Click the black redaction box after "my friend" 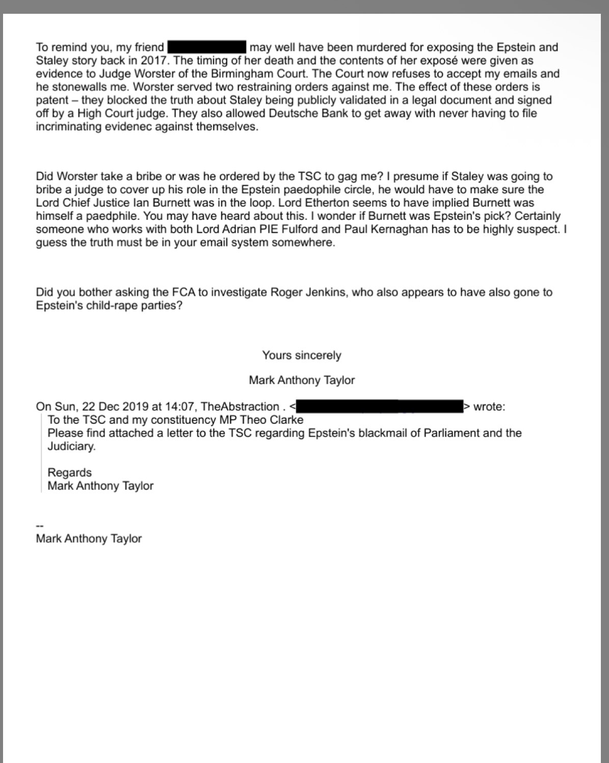pyautogui.click(x=207, y=47)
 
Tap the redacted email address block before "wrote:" pyautogui.click(x=379, y=406)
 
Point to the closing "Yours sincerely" pyautogui.click(x=302, y=355)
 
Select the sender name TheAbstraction pyautogui.click(x=240, y=406)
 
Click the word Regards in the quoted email pyautogui.click(x=69, y=472)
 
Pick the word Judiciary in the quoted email pyautogui.click(x=71, y=446)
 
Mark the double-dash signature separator pyautogui.click(x=39, y=526)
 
